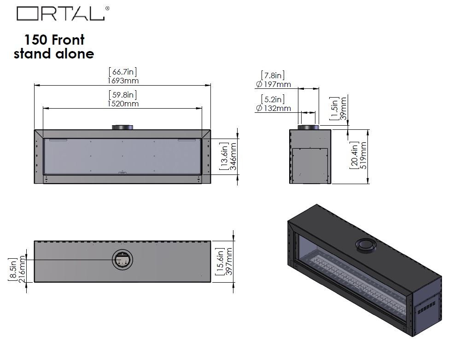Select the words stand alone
pyautogui.click(x=54, y=54)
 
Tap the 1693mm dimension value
pyautogui.click(x=122, y=81)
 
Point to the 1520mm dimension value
pyautogui.click(x=122, y=104)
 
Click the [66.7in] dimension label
pyautogui.click(x=122, y=72)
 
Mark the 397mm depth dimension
pyautogui.click(x=230, y=261)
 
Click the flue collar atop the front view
pyautogui.click(x=122, y=127)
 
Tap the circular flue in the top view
pyautogui.click(x=122, y=261)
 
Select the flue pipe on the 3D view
pyautogui.click(x=366, y=246)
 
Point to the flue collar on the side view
pyautogui.click(x=308, y=127)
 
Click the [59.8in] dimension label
pyautogui.click(x=122, y=95)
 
